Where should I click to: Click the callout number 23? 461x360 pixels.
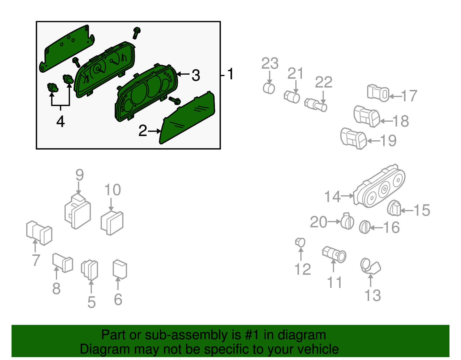pyautogui.click(x=270, y=63)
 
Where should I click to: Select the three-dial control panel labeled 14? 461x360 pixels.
pyautogui.click(x=379, y=186)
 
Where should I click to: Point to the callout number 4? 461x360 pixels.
pyautogui.click(x=61, y=122)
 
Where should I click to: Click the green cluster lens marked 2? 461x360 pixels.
pyautogui.click(x=187, y=118)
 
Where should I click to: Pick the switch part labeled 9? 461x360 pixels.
pyautogui.click(x=78, y=211)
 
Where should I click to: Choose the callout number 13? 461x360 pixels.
pyautogui.click(x=373, y=295)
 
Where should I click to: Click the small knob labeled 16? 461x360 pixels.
pyautogui.click(x=365, y=227)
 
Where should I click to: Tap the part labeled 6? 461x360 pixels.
pyautogui.click(x=120, y=269)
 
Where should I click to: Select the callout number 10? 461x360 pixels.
pyautogui.click(x=113, y=190)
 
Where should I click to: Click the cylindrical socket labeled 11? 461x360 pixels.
pyautogui.click(x=334, y=255)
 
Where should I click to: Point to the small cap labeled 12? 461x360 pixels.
pyautogui.click(x=300, y=242)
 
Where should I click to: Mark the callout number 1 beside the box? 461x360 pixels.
pyautogui.click(x=231, y=74)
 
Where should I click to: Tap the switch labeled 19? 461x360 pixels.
pyautogui.click(x=354, y=139)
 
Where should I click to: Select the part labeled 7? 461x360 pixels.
pyautogui.click(x=39, y=233)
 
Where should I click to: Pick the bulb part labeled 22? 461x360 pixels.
pyautogui.click(x=316, y=105)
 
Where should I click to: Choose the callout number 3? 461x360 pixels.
pyautogui.click(x=196, y=75)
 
